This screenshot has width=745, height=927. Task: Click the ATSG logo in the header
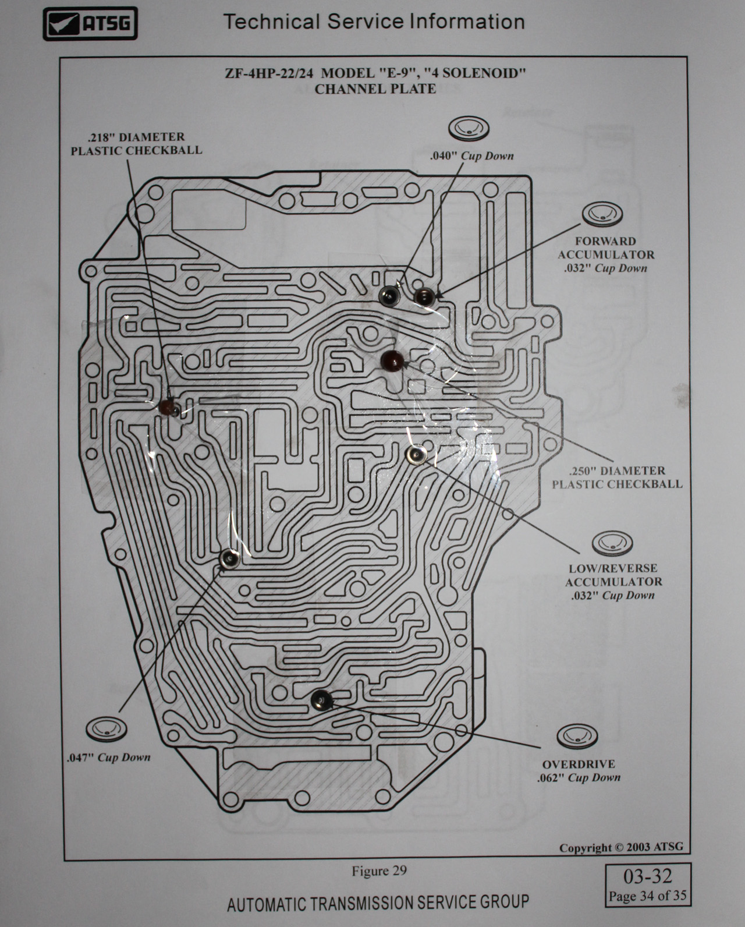click(x=90, y=24)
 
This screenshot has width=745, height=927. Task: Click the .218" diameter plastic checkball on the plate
click(x=168, y=406)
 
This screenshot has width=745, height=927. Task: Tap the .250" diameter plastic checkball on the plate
click(x=392, y=361)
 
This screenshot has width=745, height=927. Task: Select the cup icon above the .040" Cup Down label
click(x=469, y=128)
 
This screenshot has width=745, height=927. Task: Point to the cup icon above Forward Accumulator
click(x=603, y=215)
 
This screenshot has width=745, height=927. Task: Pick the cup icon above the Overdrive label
click(x=577, y=737)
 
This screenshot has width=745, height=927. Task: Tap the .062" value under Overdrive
click(x=551, y=778)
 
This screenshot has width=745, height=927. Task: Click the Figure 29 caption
click(x=378, y=871)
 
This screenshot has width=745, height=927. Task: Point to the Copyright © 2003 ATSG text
click(x=620, y=847)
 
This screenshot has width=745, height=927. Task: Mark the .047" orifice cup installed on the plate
click(x=230, y=559)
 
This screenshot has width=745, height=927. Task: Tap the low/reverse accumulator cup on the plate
click(x=417, y=455)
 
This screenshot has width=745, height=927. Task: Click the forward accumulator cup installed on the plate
click(x=424, y=297)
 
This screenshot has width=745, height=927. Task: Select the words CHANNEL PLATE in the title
click(x=375, y=89)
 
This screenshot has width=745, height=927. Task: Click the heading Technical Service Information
click(x=374, y=22)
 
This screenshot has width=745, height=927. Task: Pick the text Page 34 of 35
click(x=647, y=896)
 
